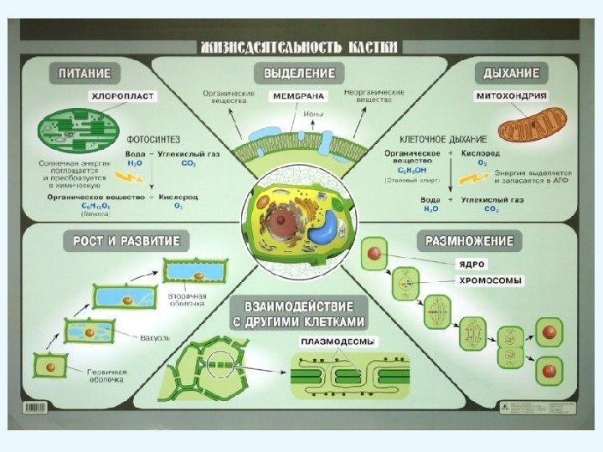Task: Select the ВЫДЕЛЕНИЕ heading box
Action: pyautogui.click(x=300, y=73)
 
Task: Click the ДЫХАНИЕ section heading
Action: pyautogui.click(x=512, y=73)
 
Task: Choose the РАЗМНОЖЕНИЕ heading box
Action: pyautogui.click(x=470, y=242)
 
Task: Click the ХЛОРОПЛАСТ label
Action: pyautogui.click(x=122, y=98)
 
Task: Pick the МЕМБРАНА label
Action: pyautogui.click(x=298, y=97)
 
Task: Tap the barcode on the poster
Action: pyautogui.click(x=38, y=408)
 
